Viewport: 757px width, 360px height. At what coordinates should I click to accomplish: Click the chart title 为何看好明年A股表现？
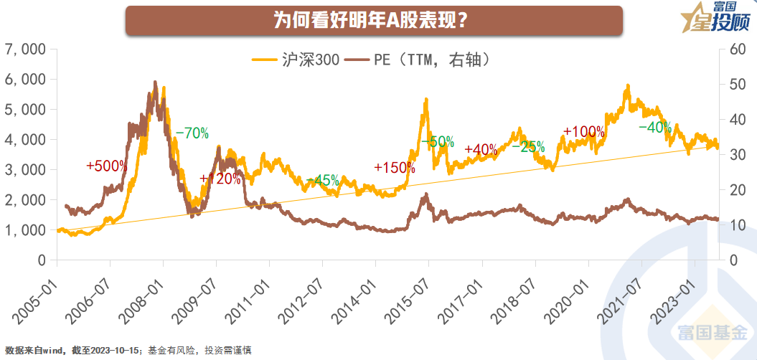pos(373,20)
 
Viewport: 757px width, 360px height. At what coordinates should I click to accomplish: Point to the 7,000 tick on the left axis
pos(25,49)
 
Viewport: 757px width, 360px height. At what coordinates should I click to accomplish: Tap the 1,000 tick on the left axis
pos(25,230)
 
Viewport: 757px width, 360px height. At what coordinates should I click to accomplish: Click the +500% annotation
pos(106,166)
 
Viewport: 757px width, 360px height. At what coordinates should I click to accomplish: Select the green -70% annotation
pos(192,133)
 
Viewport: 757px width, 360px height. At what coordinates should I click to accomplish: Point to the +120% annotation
pos(220,179)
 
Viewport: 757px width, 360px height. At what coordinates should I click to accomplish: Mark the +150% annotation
pos(395,168)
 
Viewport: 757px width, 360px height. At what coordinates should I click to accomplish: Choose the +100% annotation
pos(584,133)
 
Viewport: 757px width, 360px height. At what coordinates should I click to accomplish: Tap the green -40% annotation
pos(655,128)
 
